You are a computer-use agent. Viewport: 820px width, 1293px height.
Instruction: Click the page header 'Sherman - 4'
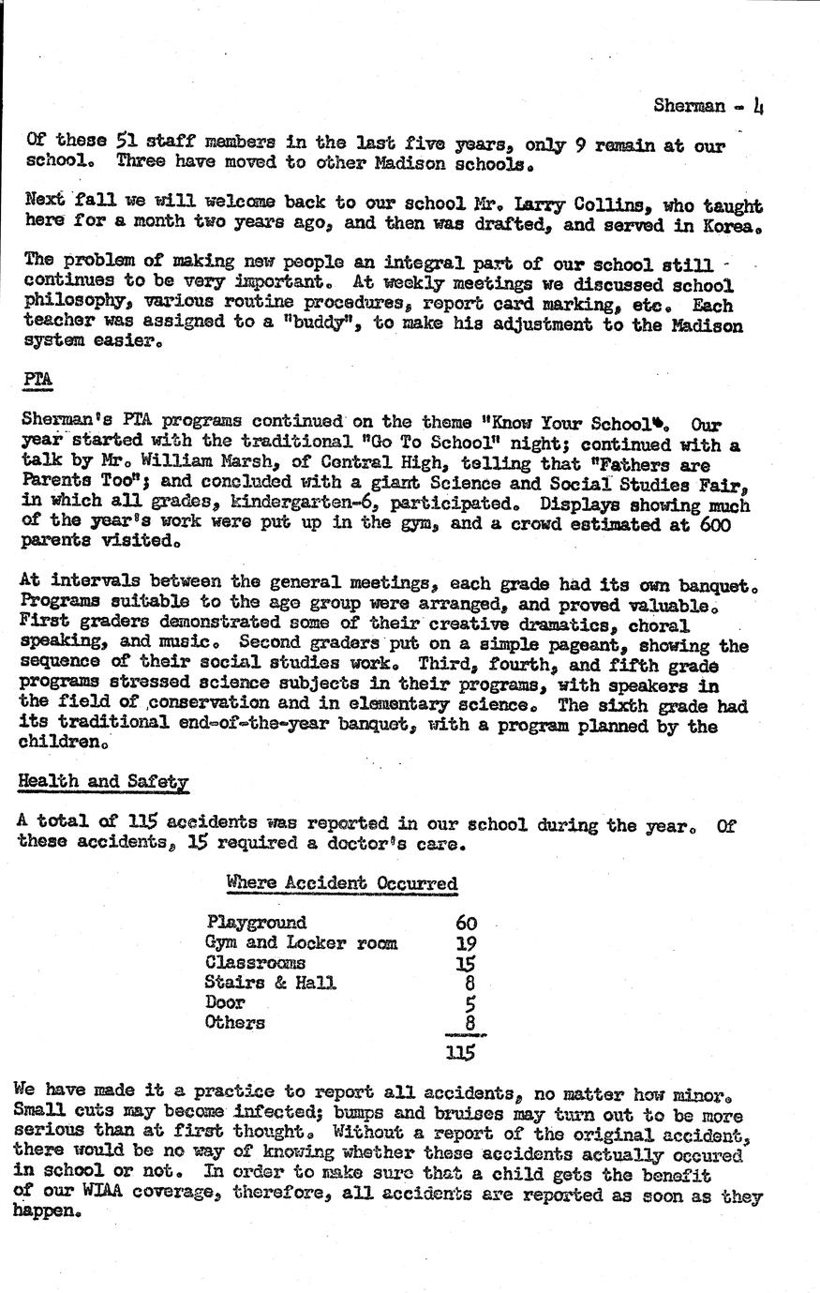pyautogui.click(x=708, y=106)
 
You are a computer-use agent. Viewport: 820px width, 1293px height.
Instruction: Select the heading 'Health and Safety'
pyautogui.click(x=103, y=781)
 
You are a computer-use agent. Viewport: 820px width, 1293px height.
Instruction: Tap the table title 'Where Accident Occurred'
pyautogui.click(x=341, y=883)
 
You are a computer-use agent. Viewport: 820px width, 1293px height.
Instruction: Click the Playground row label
pyautogui.click(x=256, y=923)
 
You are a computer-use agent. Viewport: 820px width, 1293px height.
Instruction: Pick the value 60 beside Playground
pyautogui.click(x=466, y=924)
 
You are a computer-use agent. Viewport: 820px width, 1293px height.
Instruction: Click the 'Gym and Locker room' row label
pyautogui.click(x=301, y=943)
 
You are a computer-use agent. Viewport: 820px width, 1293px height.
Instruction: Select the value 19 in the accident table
pyautogui.click(x=466, y=944)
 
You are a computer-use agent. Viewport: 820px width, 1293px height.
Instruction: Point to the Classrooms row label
pyautogui.click(x=255, y=963)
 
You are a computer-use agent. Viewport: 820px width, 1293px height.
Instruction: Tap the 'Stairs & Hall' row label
pyautogui.click(x=270, y=983)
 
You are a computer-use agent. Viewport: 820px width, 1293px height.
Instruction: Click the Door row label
pyautogui.click(x=225, y=1002)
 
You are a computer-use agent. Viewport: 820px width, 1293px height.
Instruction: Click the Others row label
pyautogui.click(x=234, y=1023)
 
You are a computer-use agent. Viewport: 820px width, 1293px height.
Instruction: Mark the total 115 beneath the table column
pyautogui.click(x=460, y=1052)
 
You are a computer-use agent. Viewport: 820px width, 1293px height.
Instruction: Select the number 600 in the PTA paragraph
pyautogui.click(x=715, y=525)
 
